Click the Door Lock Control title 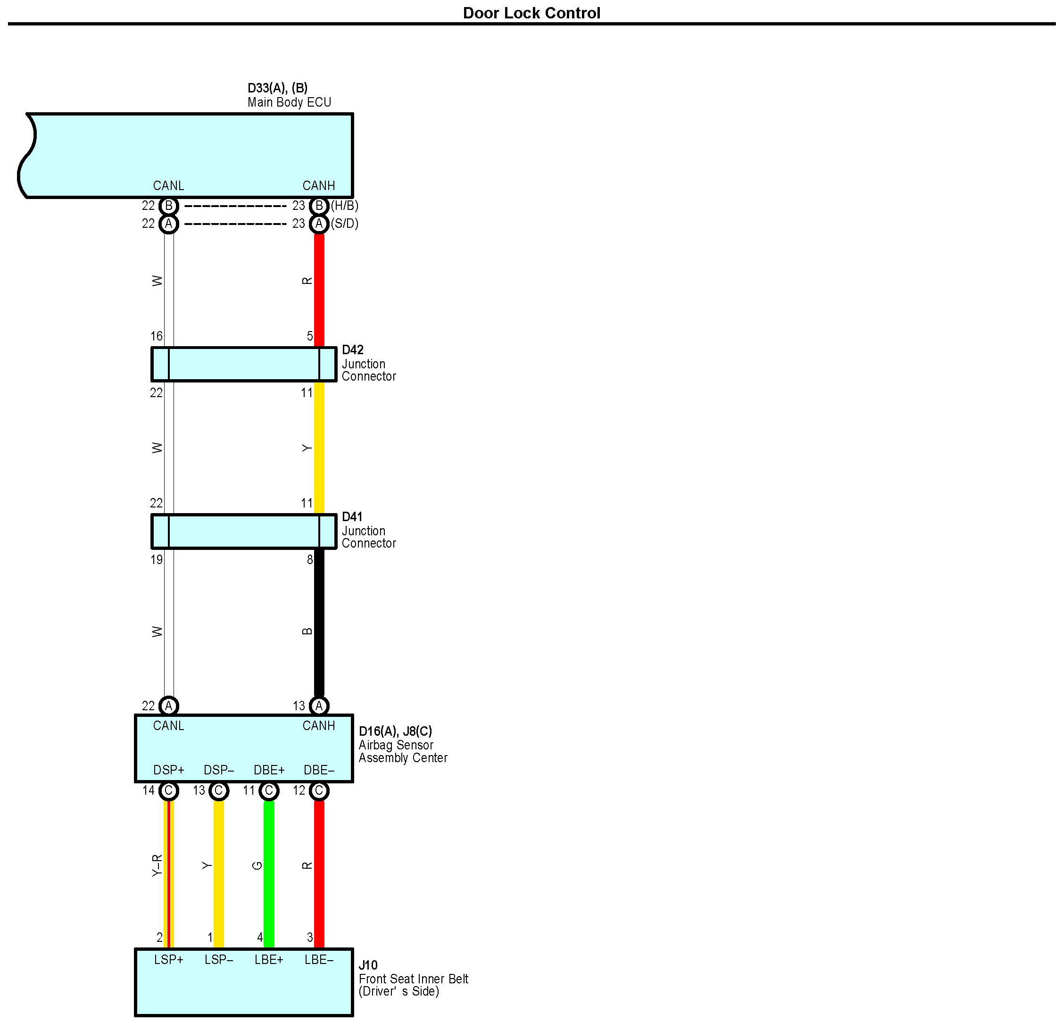click(x=531, y=13)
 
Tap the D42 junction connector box click(x=244, y=364)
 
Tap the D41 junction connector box click(x=244, y=531)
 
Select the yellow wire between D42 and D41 click(x=319, y=448)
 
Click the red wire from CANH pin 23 click(x=319, y=287)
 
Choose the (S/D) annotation click(x=345, y=224)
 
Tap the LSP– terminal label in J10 click(x=218, y=960)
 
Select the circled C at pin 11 click(x=269, y=791)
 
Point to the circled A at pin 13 click(x=319, y=706)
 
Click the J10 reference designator click(x=368, y=965)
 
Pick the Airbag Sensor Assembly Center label click(x=403, y=751)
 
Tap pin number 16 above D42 click(x=157, y=336)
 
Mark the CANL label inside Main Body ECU click(x=168, y=186)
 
